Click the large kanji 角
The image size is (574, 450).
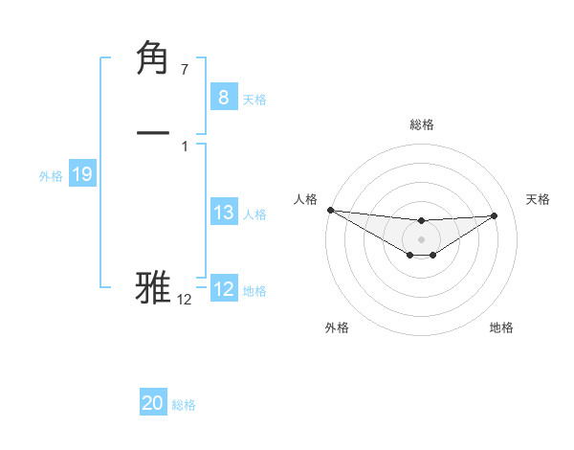pyautogui.click(x=154, y=59)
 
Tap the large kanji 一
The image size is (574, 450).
pyautogui.click(x=154, y=131)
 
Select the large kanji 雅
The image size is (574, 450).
pyautogui.click(x=154, y=287)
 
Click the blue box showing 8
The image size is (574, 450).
pyautogui.click(x=223, y=97)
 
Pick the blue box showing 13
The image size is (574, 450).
pyautogui.click(x=223, y=213)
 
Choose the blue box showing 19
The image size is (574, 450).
pyautogui.click(x=81, y=174)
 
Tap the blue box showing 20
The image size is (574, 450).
pyautogui.click(x=153, y=403)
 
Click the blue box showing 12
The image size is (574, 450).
pyautogui.click(x=223, y=289)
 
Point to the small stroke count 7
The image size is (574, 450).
pyautogui.click(x=184, y=69)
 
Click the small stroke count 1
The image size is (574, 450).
pyautogui.click(x=184, y=146)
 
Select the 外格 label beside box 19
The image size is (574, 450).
pyautogui.click(x=51, y=176)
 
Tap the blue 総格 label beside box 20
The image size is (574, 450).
pyautogui.click(x=184, y=405)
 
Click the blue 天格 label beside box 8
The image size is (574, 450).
pyautogui.click(x=254, y=99)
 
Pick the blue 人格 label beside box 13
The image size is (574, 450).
pyautogui.click(x=254, y=214)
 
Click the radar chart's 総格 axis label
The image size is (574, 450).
pyautogui.click(x=421, y=124)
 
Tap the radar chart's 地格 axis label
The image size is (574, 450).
pyautogui.click(x=501, y=327)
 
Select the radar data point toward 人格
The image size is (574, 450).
pyautogui.click(x=329, y=210)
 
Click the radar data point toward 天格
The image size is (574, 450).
pyautogui.click(x=495, y=215)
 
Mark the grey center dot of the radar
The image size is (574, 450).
pyautogui.click(x=421, y=238)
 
